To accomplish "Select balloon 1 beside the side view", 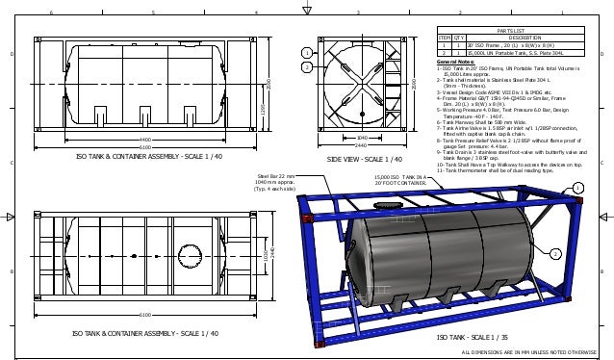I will click(x=306, y=52).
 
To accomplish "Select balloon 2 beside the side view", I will click(x=306, y=67).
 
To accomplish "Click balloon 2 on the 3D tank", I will click(x=556, y=253).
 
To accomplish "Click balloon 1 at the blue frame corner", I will click(x=578, y=187).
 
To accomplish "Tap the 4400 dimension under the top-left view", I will click(x=144, y=140).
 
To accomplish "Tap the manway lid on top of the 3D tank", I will click(x=389, y=206).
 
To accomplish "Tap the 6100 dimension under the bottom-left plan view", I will click(x=144, y=314).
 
